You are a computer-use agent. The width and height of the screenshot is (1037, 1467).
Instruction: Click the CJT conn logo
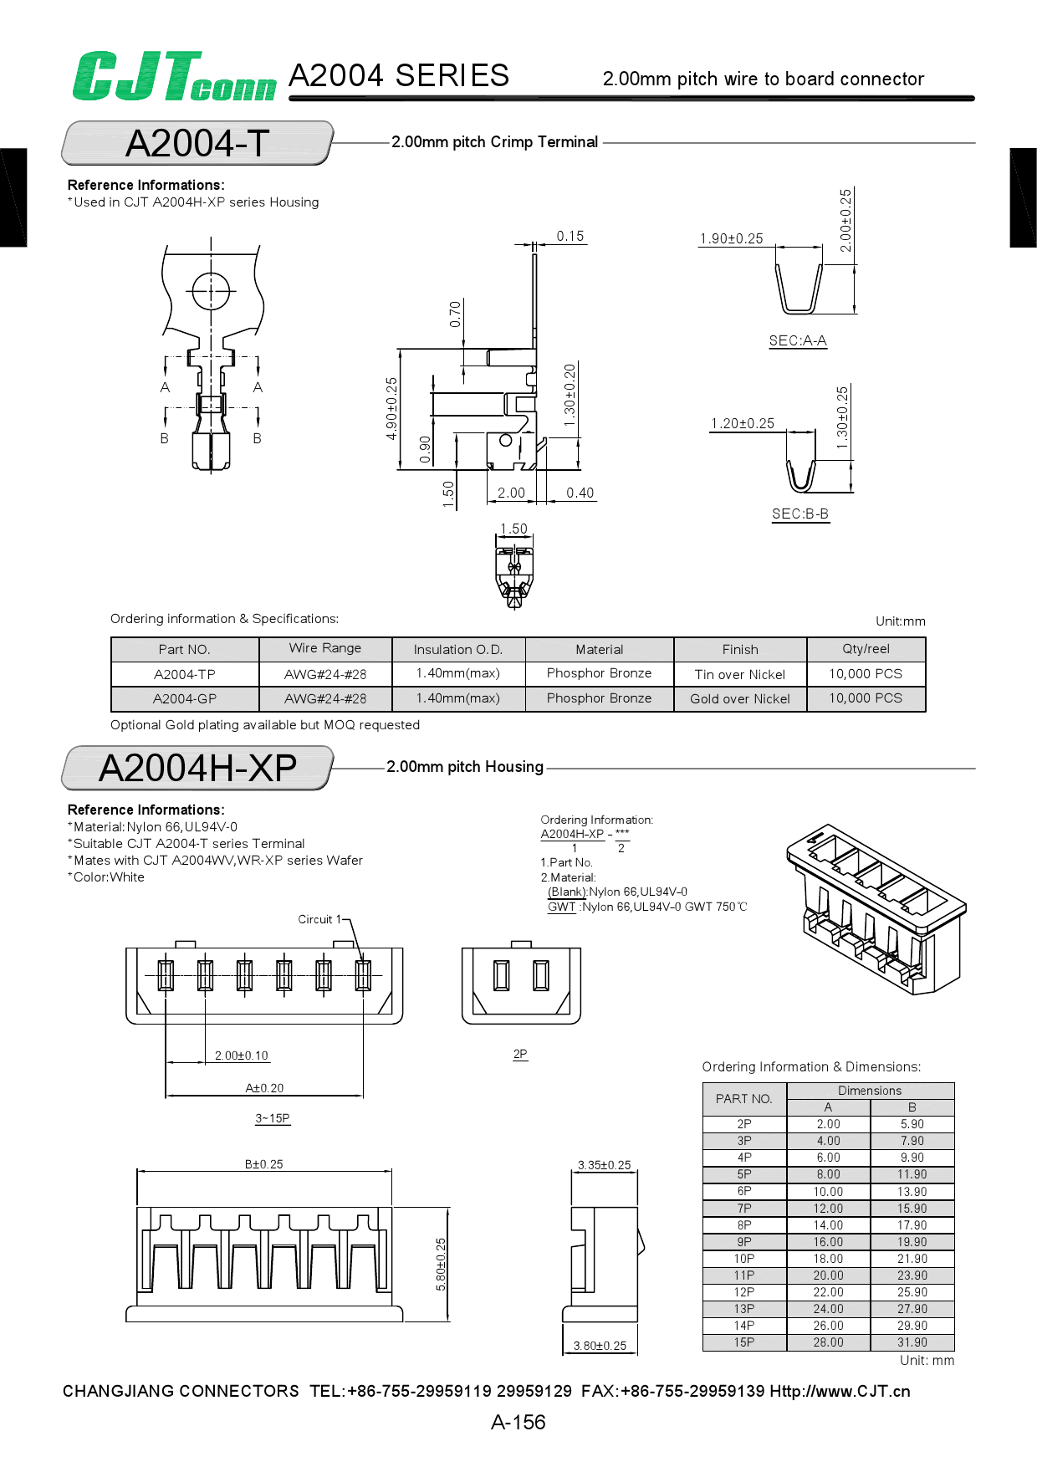(x=174, y=77)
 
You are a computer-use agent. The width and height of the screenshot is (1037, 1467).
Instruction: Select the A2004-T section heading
(x=197, y=143)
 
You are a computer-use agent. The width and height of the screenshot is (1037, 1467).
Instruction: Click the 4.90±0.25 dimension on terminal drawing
(x=391, y=408)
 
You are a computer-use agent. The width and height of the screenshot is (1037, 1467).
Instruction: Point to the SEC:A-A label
(x=798, y=340)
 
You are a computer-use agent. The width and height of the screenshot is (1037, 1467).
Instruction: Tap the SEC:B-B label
(x=800, y=514)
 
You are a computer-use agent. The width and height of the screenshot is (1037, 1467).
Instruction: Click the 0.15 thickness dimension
(x=570, y=236)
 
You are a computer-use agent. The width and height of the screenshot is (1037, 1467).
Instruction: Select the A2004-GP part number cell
(x=185, y=698)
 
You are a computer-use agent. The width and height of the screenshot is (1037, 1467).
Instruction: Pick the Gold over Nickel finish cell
(x=740, y=698)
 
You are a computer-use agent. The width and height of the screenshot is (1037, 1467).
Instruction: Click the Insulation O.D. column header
(x=458, y=649)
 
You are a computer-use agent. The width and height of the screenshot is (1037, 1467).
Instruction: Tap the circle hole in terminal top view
(x=211, y=292)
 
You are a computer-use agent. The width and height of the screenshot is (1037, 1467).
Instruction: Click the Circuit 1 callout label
(x=319, y=919)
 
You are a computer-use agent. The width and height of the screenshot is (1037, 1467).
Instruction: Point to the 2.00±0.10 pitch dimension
(x=242, y=1056)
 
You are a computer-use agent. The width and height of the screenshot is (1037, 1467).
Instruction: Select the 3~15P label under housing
(x=273, y=1118)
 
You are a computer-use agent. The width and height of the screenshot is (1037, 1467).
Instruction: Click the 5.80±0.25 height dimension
(x=442, y=1264)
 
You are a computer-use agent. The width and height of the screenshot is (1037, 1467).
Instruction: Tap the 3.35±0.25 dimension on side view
(x=605, y=1164)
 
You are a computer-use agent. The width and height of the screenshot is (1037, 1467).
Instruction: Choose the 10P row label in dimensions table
(x=744, y=1259)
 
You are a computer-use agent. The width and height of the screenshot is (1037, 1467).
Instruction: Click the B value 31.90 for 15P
(x=912, y=1342)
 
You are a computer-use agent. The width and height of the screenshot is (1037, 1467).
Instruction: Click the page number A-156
(x=518, y=1422)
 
